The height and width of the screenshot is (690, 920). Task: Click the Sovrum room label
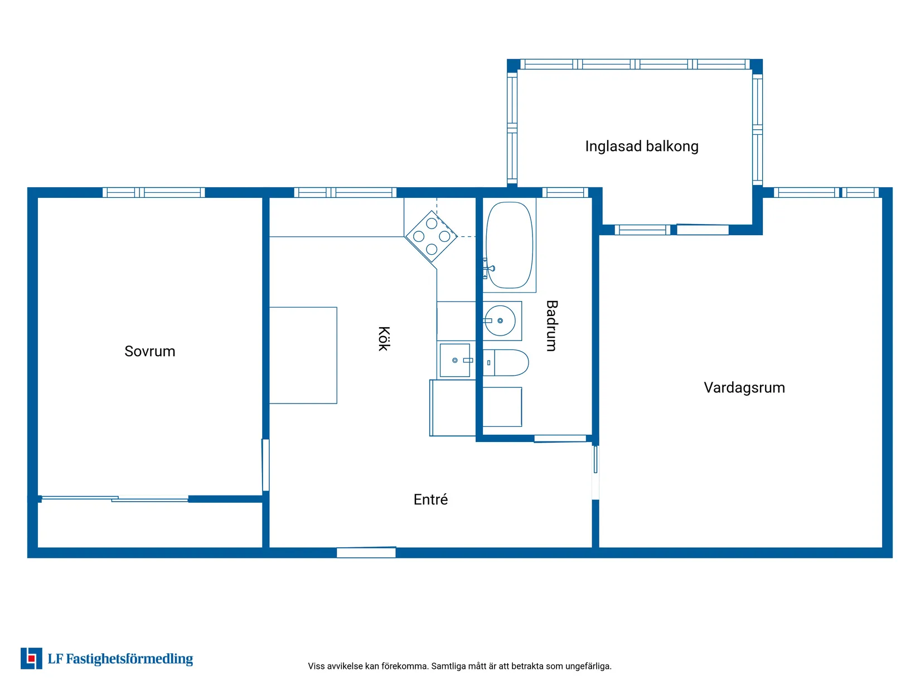[x=149, y=351]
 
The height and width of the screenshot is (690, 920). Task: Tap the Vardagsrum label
[x=744, y=387]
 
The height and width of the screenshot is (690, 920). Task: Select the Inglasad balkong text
[x=642, y=146]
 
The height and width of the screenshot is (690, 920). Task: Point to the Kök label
[x=384, y=338]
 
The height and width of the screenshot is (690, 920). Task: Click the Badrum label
[x=551, y=325]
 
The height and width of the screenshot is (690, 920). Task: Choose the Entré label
[x=430, y=499]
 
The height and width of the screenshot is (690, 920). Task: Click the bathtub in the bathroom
[x=509, y=245]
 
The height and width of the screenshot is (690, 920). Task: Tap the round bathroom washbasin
[x=501, y=321]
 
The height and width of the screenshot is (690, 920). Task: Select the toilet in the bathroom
[x=506, y=363]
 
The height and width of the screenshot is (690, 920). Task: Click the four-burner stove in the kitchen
[x=432, y=236]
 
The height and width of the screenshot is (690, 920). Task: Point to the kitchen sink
[x=455, y=360]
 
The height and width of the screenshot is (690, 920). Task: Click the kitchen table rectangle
[x=303, y=355]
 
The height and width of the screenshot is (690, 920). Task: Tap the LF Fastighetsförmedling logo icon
[x=31, y=659]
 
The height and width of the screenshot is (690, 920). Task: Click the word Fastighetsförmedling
[x=129, y=659]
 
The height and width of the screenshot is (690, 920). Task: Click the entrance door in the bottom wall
[x=366, y=552]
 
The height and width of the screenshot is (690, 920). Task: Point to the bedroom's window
[x=154, y=192]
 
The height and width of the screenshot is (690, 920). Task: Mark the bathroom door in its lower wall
[x=560, y=439]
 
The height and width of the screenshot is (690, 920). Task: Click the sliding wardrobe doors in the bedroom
[x=115, y=498]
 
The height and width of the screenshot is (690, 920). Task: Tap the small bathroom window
[x=565, y=192]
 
